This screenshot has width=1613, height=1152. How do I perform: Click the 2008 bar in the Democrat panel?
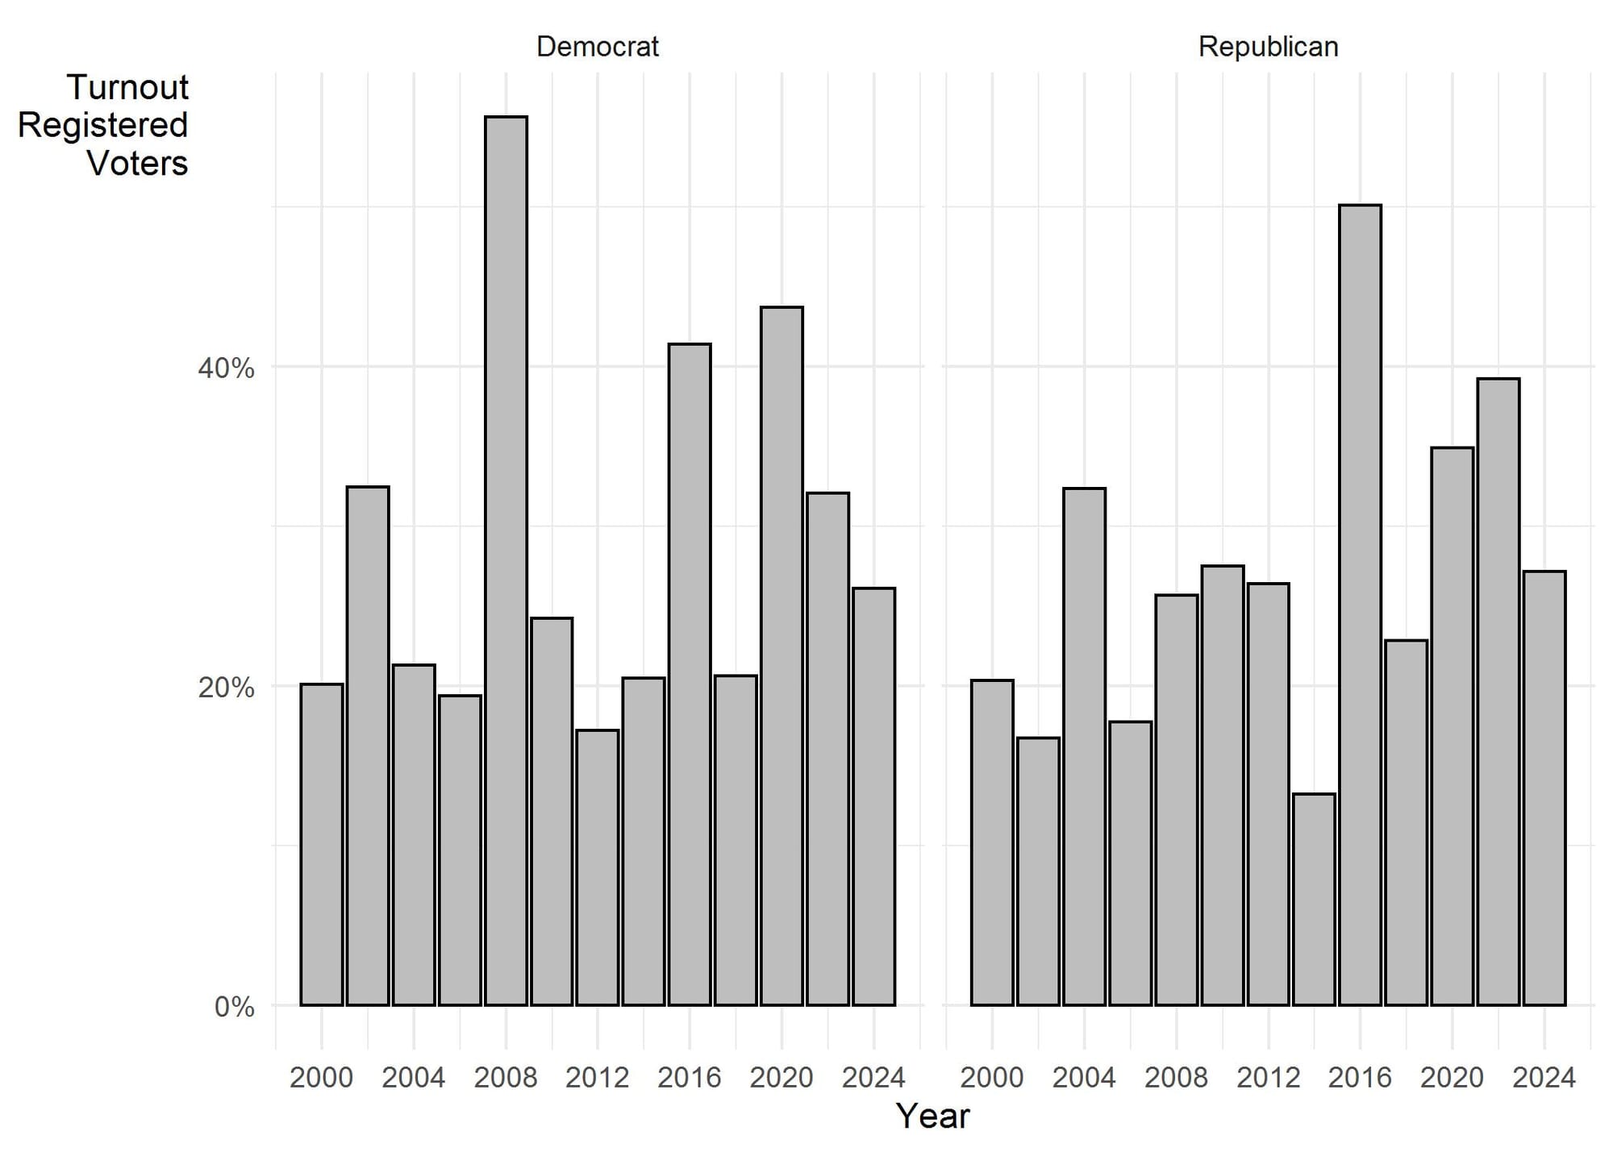[x=506, y=561]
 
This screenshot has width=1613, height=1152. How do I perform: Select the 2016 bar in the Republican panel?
[x=1360, y=605]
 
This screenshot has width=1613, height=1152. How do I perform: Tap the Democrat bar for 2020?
[x=781, y=656]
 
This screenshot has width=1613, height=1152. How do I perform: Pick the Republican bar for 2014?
[x=1314, y=900]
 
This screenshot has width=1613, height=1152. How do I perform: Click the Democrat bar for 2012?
[x=598, y=868]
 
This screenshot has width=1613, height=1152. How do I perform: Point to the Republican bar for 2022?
[x=1498, y=692]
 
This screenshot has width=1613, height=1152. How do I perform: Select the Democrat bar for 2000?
[x=322, y=845]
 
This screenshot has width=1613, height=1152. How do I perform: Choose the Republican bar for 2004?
[x=1084, y=747]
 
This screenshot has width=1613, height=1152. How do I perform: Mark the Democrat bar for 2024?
[x=873, y=797]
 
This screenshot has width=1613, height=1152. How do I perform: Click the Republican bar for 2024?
[x=1544, y=788]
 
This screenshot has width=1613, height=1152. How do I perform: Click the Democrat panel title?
[x=598, y=47]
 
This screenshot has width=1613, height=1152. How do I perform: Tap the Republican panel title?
[x=1269, y=47]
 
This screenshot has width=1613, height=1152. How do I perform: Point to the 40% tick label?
[x=226, y=368]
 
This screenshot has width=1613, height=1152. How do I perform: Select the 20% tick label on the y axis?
[x=226, y=688]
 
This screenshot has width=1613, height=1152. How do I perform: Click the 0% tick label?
[x=234, y=1007]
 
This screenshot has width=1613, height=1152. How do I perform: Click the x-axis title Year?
[x=933, y=1117]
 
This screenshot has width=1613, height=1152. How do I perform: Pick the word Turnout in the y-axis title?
[x=127, y=87]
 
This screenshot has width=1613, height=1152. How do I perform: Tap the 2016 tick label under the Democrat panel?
[x=690, y=1078]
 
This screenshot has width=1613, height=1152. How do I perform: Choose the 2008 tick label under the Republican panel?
[x=1176, y=1078]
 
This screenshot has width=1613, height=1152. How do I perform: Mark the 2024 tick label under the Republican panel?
[x=1544, y=1078]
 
